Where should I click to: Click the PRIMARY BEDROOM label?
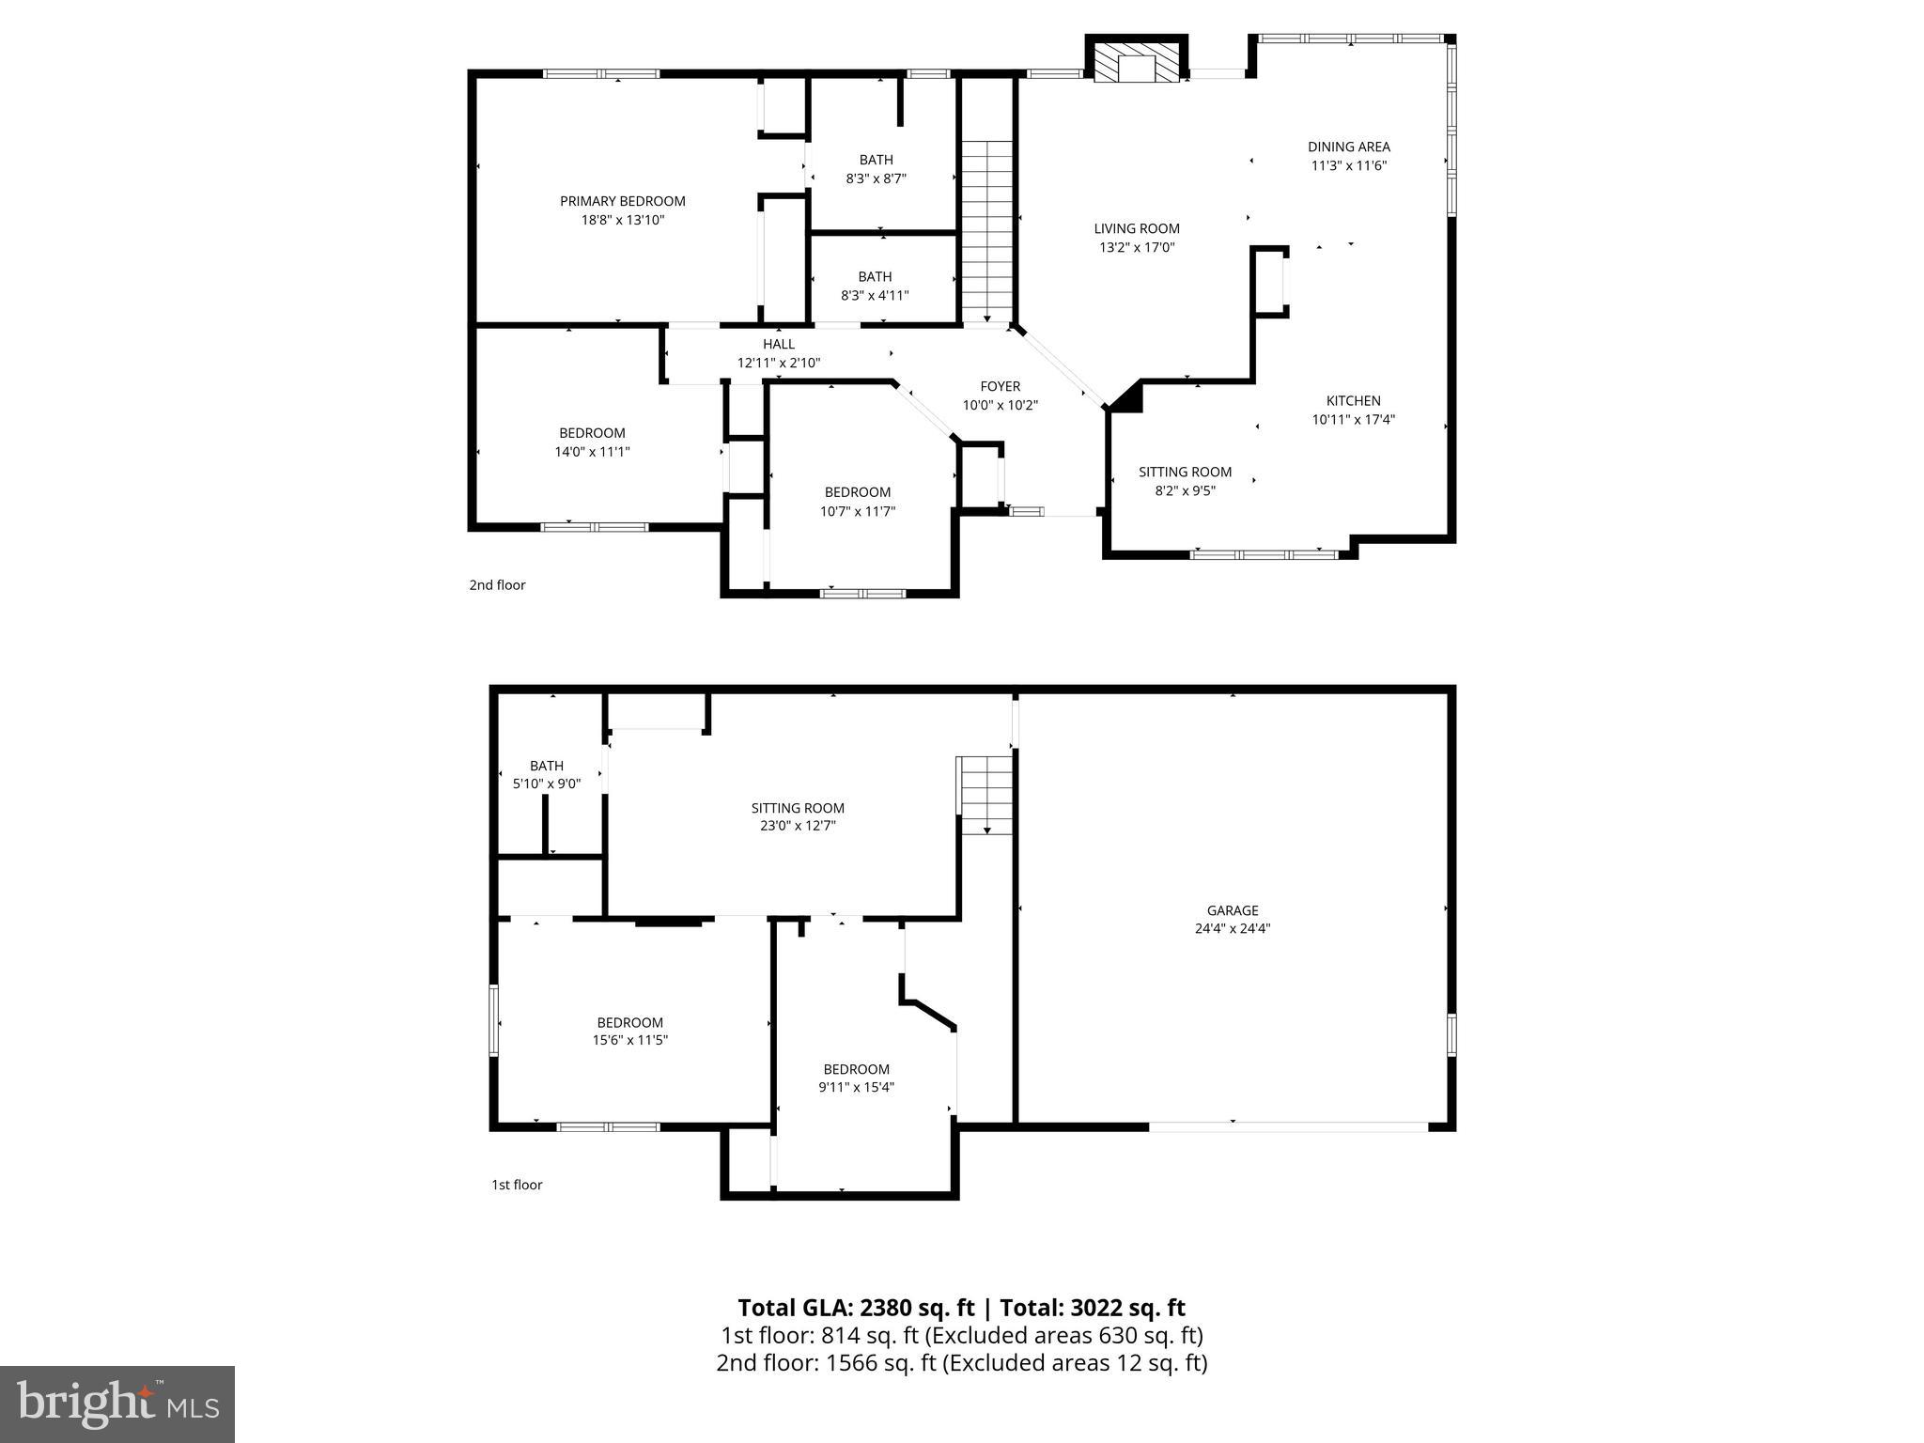tap(622, 201)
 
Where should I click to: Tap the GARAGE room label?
tap(1232, 910)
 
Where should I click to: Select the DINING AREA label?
tap(1348, 147)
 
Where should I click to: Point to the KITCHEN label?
tap(1353, 401)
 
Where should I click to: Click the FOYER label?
tap(1000, 386)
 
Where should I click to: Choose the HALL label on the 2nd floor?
tap(778, 345)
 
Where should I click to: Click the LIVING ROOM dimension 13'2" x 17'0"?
tap(1137, 248)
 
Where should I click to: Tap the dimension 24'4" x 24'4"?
tap(1232, 928)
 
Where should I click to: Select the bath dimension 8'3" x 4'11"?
tap(874, 295)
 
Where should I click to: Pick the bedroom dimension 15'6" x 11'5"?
tap(629, 1040)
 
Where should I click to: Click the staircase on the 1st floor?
tap(985, 795)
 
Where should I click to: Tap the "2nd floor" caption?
tap(497, 585)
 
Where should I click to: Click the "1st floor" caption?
tap(517, 1185)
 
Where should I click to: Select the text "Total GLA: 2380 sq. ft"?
tap(856, 1308)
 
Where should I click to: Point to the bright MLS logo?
tap(117, 1404)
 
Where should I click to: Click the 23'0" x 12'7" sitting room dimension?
tap(798, 826)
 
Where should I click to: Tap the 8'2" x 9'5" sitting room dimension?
tap(1185, 489)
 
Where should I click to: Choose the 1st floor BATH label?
tap(546, 766)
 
